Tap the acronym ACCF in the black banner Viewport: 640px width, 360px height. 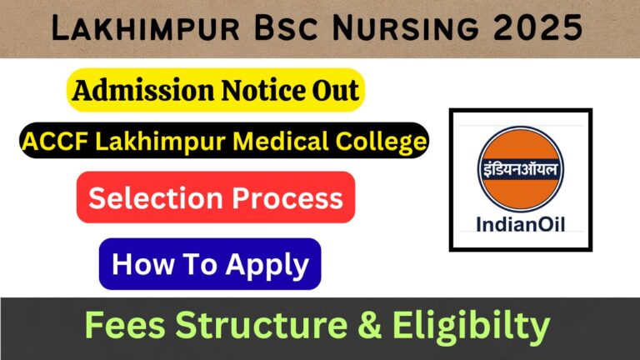tap(55, 142)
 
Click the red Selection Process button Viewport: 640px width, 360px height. tap(215, 198)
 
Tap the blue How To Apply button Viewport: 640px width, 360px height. tap(209, 264)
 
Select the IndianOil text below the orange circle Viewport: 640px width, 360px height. tap(520, 224)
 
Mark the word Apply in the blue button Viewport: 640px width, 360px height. tap(267, 265)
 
